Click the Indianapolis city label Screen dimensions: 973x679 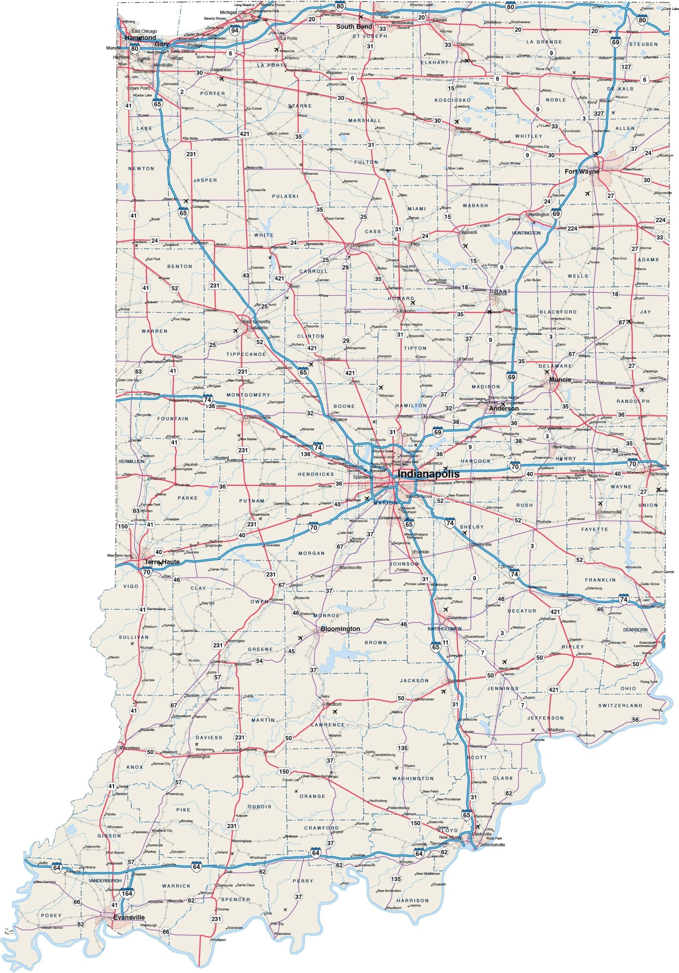[428, 474]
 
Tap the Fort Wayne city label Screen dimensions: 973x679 [582, 172]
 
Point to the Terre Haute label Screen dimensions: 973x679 [162, 562]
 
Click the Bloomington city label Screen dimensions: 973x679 [340, 629]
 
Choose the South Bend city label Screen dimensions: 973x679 [354, 27]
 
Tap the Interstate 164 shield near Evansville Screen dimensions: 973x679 [127, 893]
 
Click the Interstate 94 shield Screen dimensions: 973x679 [235, 30]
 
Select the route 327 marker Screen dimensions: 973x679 [598, 114]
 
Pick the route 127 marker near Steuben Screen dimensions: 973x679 [626, 67]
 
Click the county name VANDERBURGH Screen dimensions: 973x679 [105, 881]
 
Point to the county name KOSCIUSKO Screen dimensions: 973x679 [453, 100]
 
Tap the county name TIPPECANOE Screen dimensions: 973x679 [246, 354]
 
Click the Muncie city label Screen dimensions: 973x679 [560, 380]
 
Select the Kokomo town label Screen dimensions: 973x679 [407, 311]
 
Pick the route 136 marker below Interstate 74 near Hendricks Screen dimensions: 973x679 [305, 454]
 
